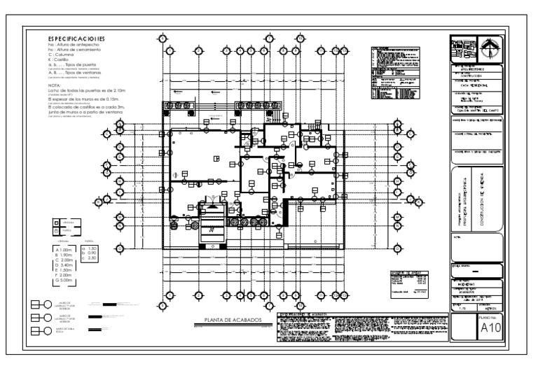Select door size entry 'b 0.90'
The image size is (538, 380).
pos(90,253)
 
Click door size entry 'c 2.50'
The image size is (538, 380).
pos(90,259)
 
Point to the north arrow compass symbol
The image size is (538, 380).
pos(490,47)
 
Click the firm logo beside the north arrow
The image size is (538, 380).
pos(464,47)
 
